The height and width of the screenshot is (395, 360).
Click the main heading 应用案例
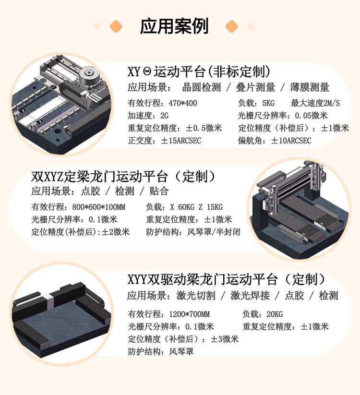tap(174, 26)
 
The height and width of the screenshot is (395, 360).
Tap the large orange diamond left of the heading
tap(116, 26)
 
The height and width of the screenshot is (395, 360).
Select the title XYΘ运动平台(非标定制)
tap(199, 72)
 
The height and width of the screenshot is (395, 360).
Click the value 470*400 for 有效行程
tap(183, 103)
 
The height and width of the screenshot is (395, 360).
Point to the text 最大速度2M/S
tap(315, 103)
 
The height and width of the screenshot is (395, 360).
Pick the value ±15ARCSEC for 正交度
tap(181, 141)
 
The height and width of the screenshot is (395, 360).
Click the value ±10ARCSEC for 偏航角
tap(291, 141)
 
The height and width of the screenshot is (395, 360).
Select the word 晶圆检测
tap(201, 87)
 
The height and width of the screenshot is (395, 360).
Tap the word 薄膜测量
tap(310, 87)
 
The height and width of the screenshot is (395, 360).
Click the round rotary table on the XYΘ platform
tap(89, 74)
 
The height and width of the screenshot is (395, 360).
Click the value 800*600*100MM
tap(99, 207)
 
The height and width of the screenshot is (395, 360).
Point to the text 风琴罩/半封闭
tap(214, 232)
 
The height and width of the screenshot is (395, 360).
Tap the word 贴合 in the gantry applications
tap(159, 191)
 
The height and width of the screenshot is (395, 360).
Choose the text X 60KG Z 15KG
tap(196, 207)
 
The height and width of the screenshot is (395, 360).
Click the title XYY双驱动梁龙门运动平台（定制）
tap(227, 279)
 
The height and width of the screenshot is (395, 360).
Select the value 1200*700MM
tap(189, 314)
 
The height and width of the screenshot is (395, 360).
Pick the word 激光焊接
tap(250, 295)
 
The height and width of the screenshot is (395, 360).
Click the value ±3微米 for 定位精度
tap(225, 339)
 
